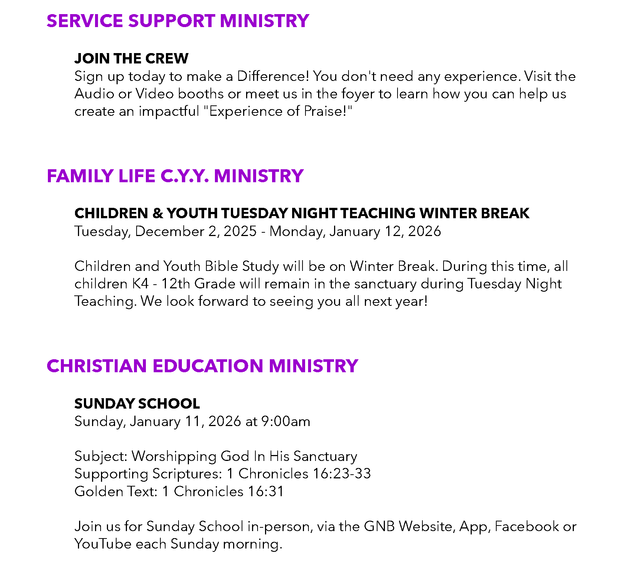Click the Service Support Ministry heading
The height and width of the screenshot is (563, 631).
pyautogui.click(x=177, y=21)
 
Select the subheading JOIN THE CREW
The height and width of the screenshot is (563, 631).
pyautogui.click(x=131, y=59)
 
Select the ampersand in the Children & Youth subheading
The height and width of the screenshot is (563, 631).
pyautogui.click(x=157, y=213)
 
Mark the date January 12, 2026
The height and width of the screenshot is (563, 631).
pyautogui.click(x=385, y=231)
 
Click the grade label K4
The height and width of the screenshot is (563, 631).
pyautogui.click(x=140, y=284)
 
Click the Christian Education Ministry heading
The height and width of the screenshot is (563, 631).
pyautogui.click(x=202, y=366)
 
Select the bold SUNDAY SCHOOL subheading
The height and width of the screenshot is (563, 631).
pyautogui.click(x=137, y=404)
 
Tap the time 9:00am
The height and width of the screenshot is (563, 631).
pyautogui.click(x=285, y=422)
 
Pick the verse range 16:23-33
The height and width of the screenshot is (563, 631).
pyautogui.click(x=342, y=474)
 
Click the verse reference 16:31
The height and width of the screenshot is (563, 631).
pyautogui.click(x=265, y=492)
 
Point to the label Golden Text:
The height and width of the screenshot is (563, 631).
pyautogui.click(x=116, y=492)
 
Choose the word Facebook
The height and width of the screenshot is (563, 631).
pyautogui.click(x=527, y=527)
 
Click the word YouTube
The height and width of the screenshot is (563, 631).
pyautogui.click(x=102, y=544)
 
